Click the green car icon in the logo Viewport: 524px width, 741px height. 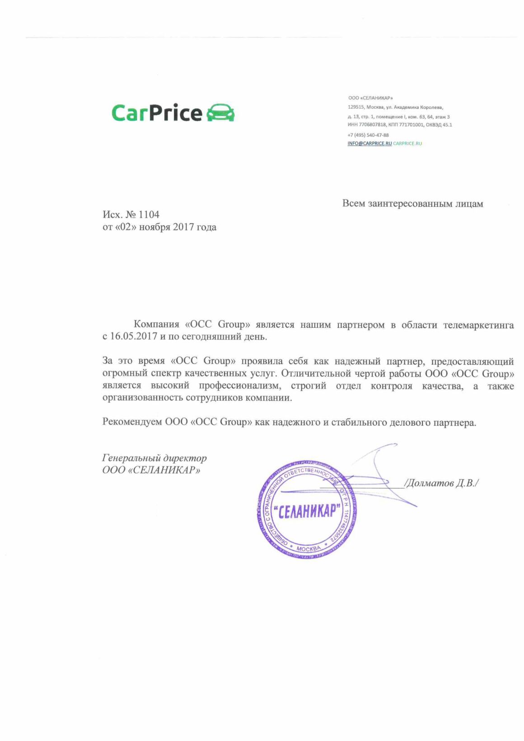tap(220, 113)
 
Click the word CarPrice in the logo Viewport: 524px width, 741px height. tap(156, 113)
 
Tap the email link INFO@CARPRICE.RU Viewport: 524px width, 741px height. tap(370, 144)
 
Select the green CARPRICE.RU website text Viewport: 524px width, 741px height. tap(407, 144)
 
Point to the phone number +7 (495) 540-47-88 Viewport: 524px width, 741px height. tap(368, 135)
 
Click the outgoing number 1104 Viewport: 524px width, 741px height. tap(149, 214)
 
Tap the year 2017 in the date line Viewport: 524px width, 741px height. tap(183, 227)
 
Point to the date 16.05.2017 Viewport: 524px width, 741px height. tap(134, 336)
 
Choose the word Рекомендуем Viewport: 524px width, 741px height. tap(132, 422)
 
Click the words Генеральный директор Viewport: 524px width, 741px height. tap(154, 458)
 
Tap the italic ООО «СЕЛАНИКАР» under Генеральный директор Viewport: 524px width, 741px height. tap(151, 470)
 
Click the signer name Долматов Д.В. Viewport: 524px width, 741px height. tap(441, 483)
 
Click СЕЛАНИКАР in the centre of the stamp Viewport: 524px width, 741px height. tap(307, 511)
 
